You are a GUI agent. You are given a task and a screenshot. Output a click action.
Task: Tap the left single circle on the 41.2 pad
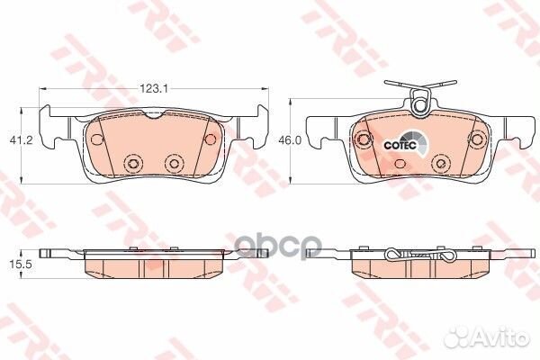tap(96, 139)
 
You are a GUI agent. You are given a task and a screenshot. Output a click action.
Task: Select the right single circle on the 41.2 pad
tap(212, 139)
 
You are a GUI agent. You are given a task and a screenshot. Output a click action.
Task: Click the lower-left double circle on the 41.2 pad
tap(133, 164)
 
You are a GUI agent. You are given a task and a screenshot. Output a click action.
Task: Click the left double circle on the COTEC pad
tap(364, 139)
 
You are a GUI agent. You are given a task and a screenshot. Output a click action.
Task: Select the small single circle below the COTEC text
tap(400, 164)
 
